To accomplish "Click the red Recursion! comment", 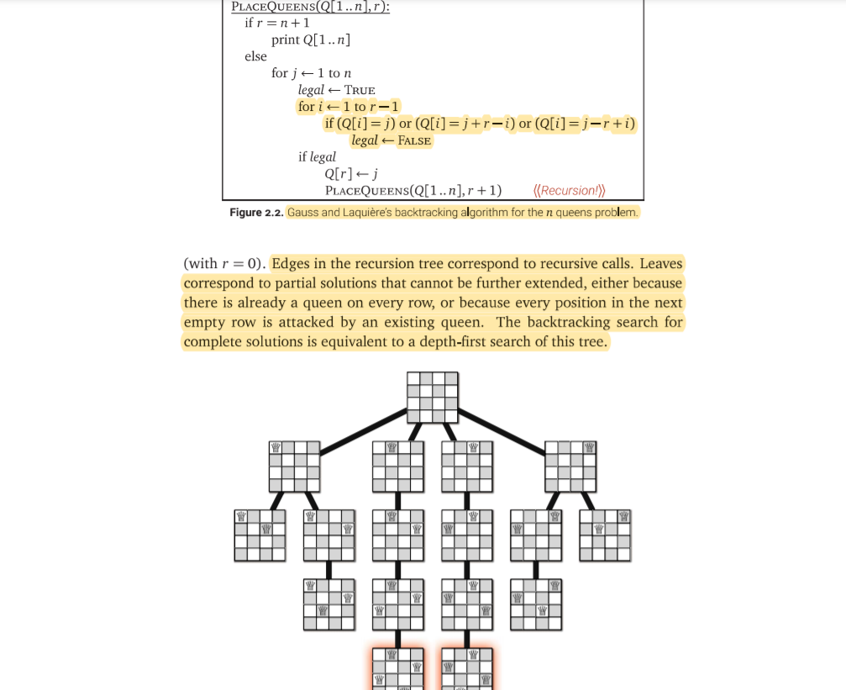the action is pos(569,190).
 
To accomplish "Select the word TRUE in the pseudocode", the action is pos(360,90).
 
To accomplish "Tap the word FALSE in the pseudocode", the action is pos(414,140).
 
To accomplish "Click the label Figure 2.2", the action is pos(256,213).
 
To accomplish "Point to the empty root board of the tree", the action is pos(433,398).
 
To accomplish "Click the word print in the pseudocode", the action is pos(286,40).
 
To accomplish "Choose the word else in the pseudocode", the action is pos(255,56).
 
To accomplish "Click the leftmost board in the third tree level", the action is pos(260,535).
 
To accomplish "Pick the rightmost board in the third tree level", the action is pos(605,535).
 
